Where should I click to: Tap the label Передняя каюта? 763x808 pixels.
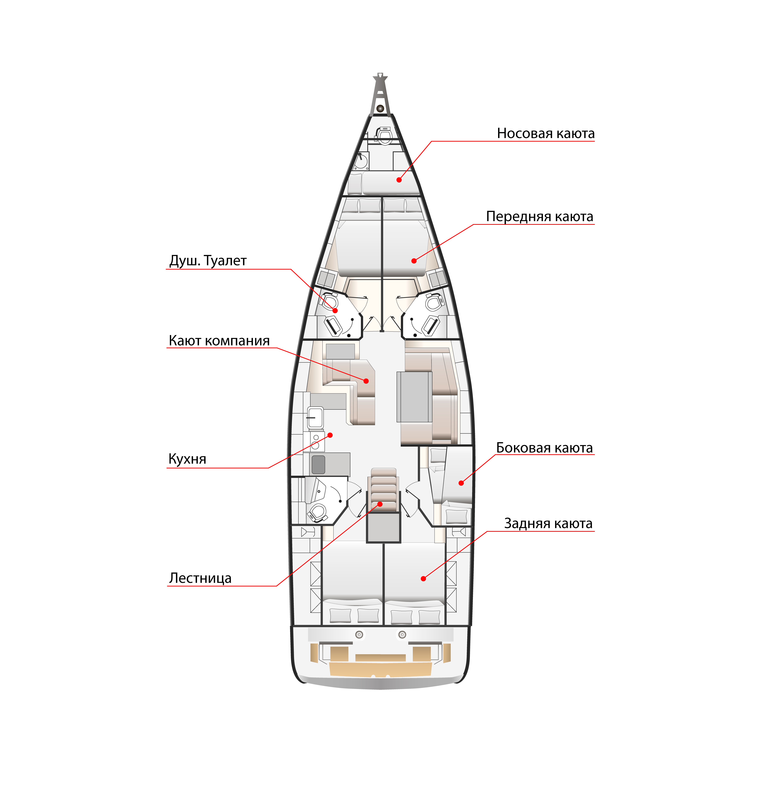540,217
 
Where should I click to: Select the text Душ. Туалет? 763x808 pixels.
208,261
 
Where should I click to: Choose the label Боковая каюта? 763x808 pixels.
544,448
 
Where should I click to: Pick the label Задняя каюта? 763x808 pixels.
548,523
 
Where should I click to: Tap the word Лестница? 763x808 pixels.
200,578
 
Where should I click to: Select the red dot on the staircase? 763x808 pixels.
380,504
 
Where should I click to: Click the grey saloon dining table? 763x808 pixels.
414,397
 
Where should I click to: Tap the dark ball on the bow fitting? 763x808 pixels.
380,108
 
